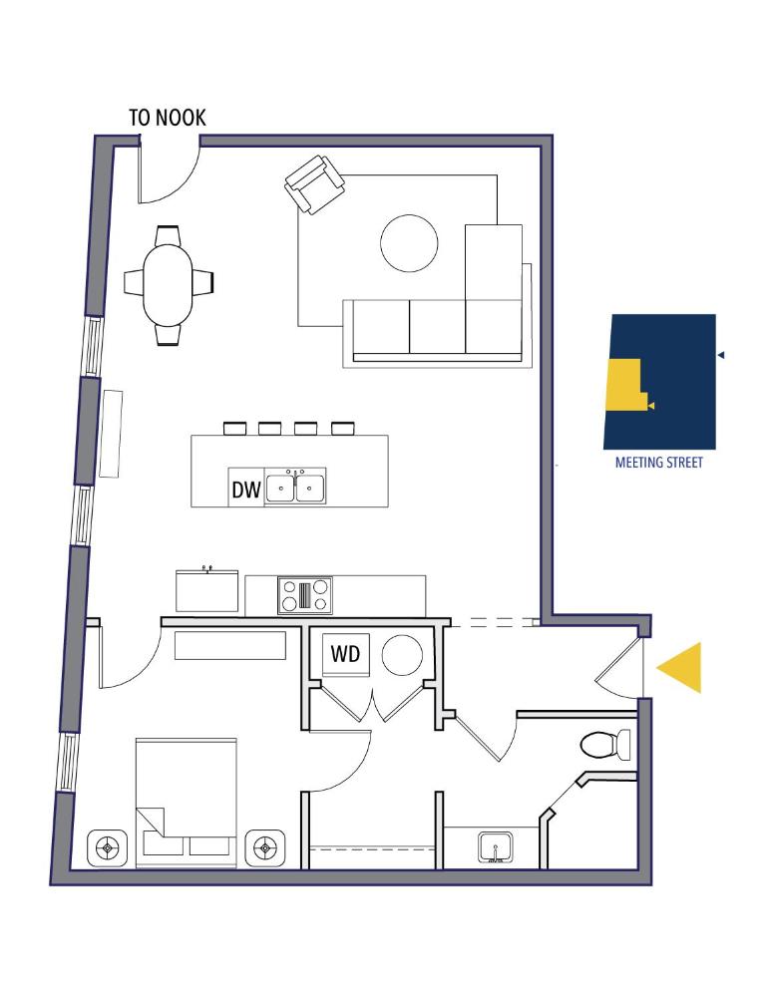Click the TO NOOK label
(167, 118)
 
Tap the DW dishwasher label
(246, 490)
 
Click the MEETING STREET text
(658, 463)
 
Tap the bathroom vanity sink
(495, 848)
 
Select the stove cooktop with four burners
(304, 595)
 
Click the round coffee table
(409, 242)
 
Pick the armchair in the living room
(315, 185)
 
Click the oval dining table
(169, 284)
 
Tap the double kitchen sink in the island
(296, 488)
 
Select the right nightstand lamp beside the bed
(264, 848)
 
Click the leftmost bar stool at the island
(234, 429)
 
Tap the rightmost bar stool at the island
(342, 429)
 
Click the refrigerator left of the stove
(207, 591)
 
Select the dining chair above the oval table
(169, 235)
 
